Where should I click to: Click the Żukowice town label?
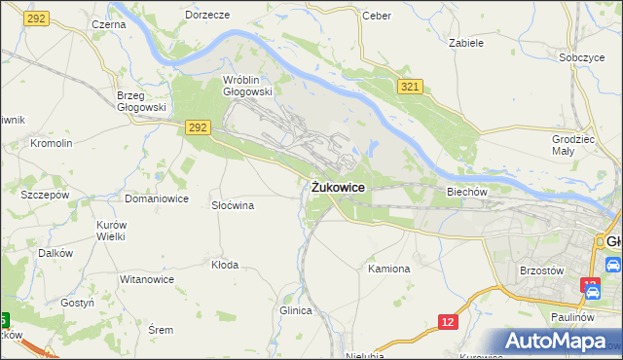pyautogui.click(x=339, y=186)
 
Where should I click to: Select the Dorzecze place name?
pyautogui.click(x=207, y=16)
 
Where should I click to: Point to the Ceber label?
pyautogui.click(x=376, y=16)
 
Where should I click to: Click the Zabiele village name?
pyautogui.click(x=465, y=43)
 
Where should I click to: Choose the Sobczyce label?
pyautogui.click(x=582, y=57)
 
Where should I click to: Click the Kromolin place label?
pyautogui.click(x=52, y=143)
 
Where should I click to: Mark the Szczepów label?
pyautogui.click(x=45, y=194)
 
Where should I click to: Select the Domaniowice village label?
pyautogui.click(x=156, y=198)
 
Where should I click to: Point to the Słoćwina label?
pyautogui.click(x=233, y=205)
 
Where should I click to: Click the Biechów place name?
pyautogui.click(x=466, y=192)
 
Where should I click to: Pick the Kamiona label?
pyautogui.click(x=389, y=268)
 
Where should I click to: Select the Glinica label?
pyautogui.click(x=295, y=310)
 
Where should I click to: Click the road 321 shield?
pyautogui.click(x=410, y=88)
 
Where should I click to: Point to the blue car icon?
pyautogui.click(x=612, y=264)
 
